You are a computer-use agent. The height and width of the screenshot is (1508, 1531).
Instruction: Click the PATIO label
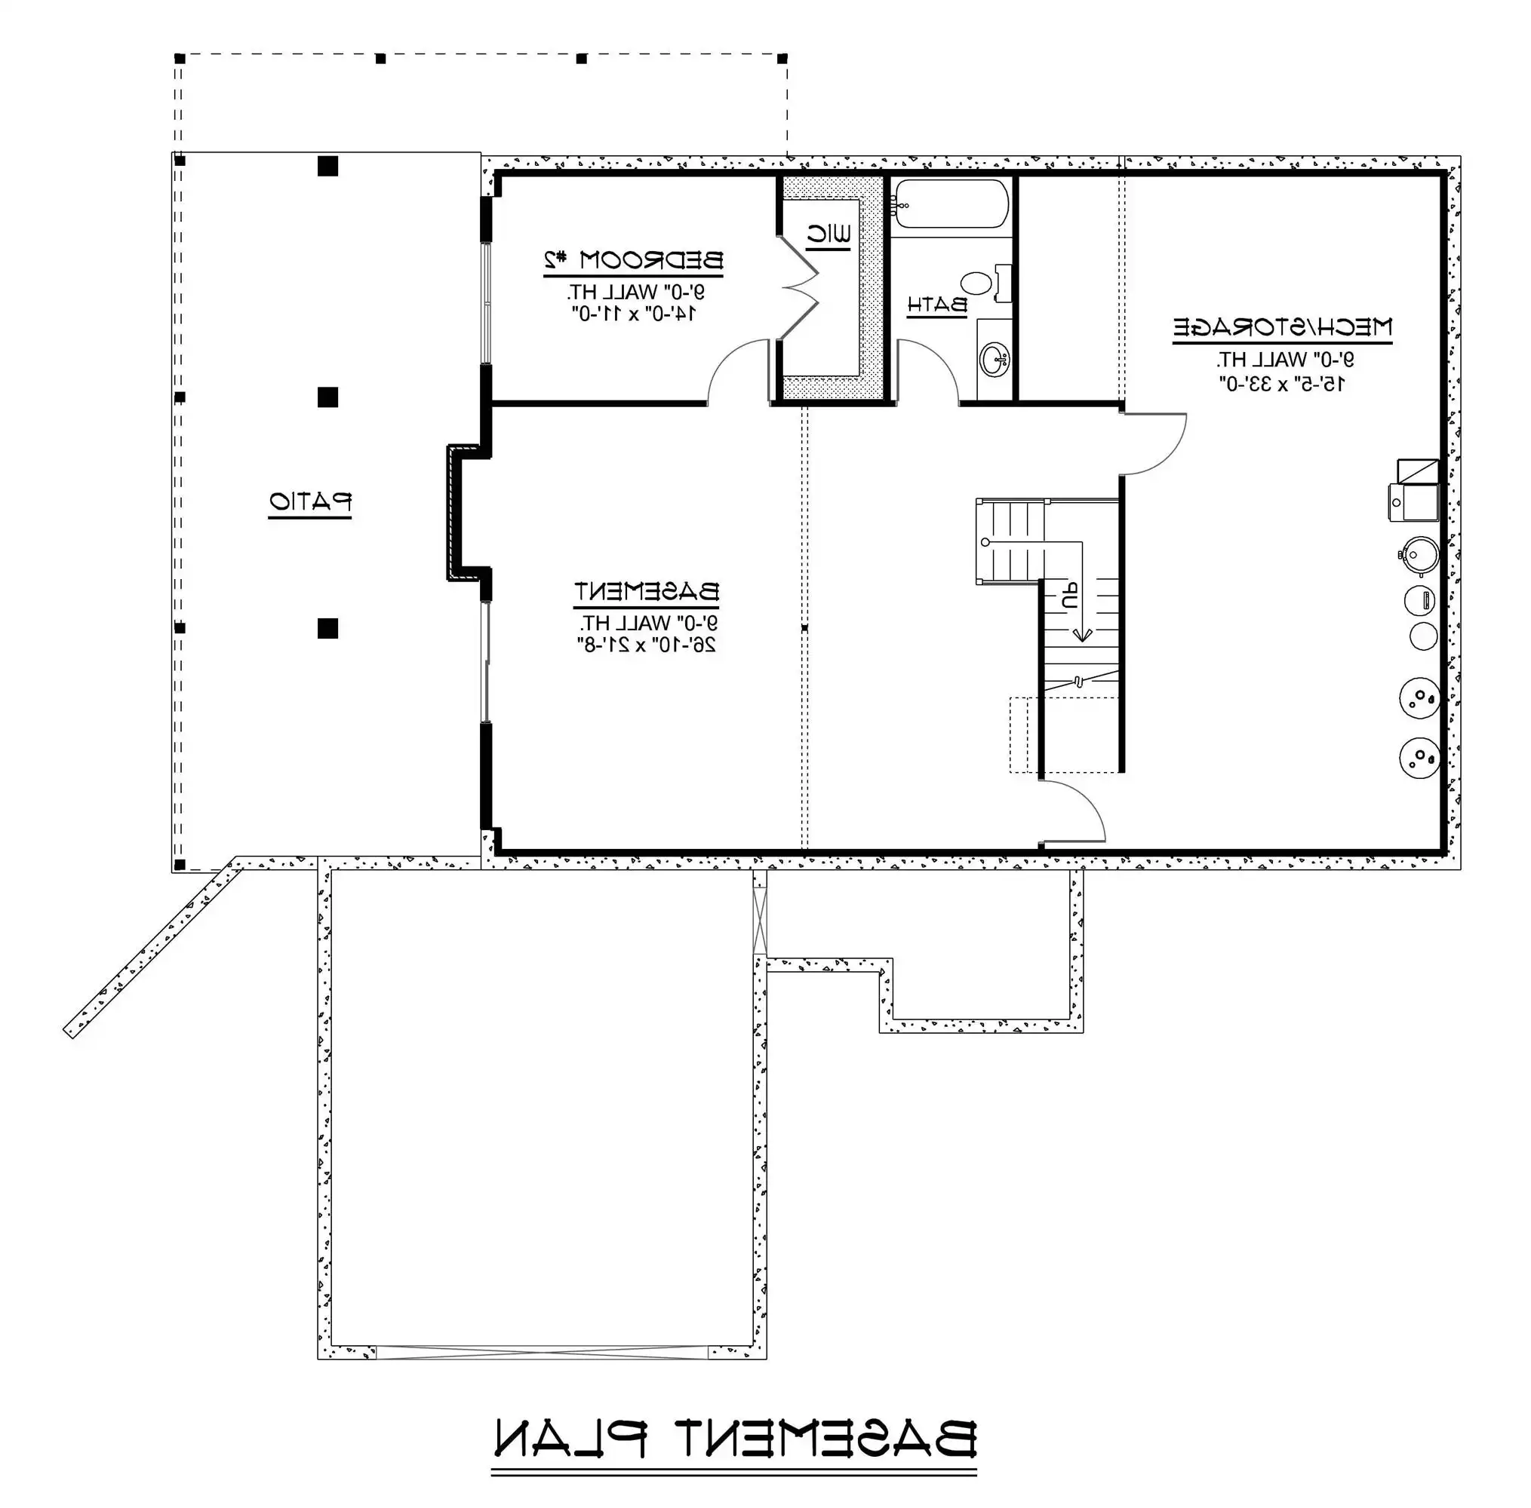310,502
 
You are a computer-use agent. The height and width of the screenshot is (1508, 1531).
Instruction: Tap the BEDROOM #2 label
632,260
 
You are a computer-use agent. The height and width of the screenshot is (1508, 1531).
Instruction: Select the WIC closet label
829,234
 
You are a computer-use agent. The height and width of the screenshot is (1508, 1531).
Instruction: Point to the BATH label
936,305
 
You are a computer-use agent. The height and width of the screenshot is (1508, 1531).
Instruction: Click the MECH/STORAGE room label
1281,327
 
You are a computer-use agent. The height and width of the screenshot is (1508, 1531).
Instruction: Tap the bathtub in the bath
949,204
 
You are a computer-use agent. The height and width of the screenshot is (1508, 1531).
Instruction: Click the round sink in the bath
995,360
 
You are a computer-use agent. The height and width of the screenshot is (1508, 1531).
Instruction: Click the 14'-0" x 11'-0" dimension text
633,314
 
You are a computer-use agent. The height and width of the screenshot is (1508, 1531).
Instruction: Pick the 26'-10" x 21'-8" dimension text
646,645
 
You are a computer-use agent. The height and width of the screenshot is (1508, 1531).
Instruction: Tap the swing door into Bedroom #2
737,372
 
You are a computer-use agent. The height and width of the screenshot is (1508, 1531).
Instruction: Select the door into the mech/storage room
1153,443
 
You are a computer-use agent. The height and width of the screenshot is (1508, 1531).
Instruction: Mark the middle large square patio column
327,397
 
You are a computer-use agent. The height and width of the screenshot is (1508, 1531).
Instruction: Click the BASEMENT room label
646,592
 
